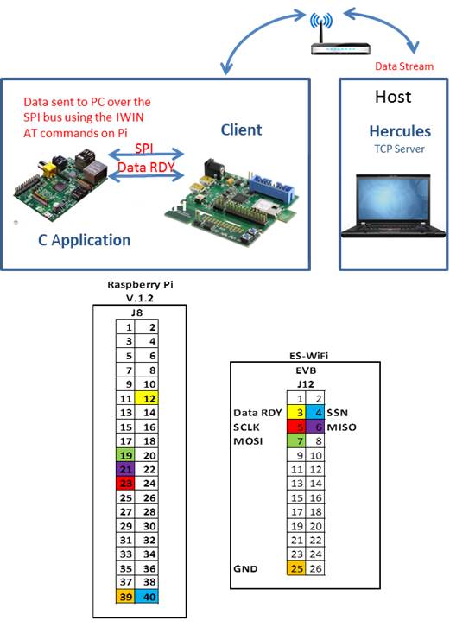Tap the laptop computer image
[x=393, y=206]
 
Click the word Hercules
[x=400, y=131]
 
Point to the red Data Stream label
[x=404, y=66]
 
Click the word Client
[x=241, y=130]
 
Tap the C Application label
[x=84, y=240]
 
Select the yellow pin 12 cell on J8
[x=146, y=398]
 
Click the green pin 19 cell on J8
[x=125, y=455]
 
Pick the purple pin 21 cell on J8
[x=125, y=469]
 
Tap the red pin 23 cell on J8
[x=125, y=484]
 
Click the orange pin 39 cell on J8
[x=125, y=596]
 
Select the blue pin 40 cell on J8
[x=146, y=596]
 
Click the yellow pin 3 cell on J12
[x=296, y=413]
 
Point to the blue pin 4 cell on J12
[x=315, y=413]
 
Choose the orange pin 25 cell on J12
[x=296, y=568]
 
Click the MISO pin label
[x=341, y=427]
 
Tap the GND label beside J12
[x=245, y=568]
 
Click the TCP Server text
[x=399, y=149]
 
